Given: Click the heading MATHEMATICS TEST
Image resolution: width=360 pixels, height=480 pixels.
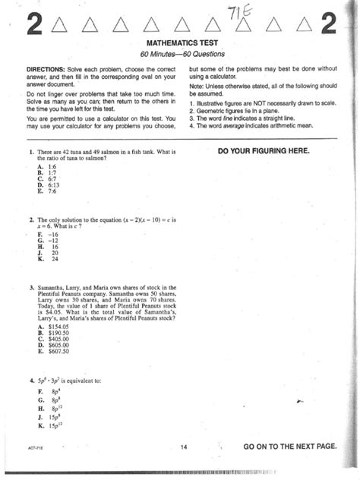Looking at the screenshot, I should click(179, 46).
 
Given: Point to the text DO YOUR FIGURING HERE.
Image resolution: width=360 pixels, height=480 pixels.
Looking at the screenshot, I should click(263, 151).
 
